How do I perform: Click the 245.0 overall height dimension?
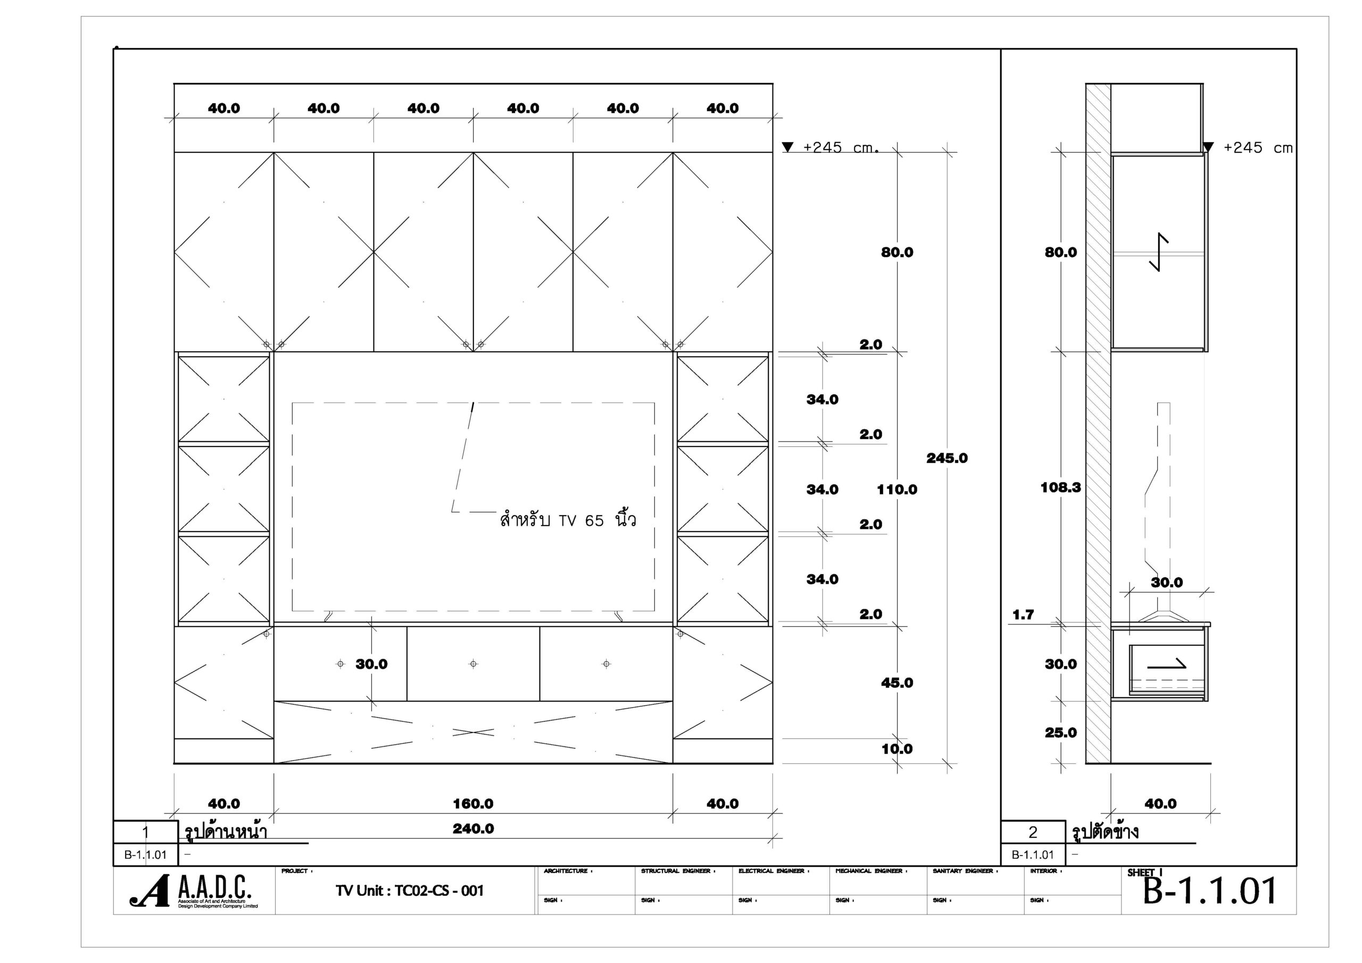click(x=947, y=458)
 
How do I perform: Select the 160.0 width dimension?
click(x=473, y=804)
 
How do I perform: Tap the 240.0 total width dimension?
click(x=473, y=829)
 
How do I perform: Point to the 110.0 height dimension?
click(x=897, y=489)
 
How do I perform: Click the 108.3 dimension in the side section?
click(x=1061, y=488)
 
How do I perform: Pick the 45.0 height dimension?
click(x=897, y=683)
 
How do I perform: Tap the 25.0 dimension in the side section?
click(x=1061, y=733)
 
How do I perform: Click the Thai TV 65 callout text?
click(x=568, y=520)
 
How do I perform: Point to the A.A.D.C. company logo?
click(x=193, y=892)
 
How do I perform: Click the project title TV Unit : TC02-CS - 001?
click(x=409, y=891)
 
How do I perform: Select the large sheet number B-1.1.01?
click(x=1210, y=891)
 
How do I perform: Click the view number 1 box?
click(x=146, y=833)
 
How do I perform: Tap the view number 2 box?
click(x=1033, y=833)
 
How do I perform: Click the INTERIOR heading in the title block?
click(x=1046, y=871)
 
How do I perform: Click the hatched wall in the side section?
click(x=1098, y=423)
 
